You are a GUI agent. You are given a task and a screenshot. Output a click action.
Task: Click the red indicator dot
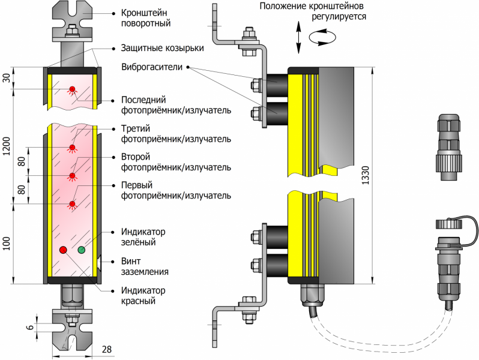click(63, 249)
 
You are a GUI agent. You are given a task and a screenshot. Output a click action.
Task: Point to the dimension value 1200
click(7, 146)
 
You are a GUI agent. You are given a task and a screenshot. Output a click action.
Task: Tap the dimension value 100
click(7, 243)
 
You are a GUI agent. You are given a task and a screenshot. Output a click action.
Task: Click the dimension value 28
click(107, 350)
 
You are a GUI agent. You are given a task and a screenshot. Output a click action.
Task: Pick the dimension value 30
click(7, 78)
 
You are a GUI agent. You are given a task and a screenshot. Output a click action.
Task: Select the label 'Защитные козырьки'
click(163, 48)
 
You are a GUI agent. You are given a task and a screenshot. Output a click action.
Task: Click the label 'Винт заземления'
click(145, 266)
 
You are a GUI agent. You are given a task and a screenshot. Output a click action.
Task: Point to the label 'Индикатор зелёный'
click(143, 238)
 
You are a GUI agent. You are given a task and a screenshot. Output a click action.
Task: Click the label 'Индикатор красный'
click(143, 296)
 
